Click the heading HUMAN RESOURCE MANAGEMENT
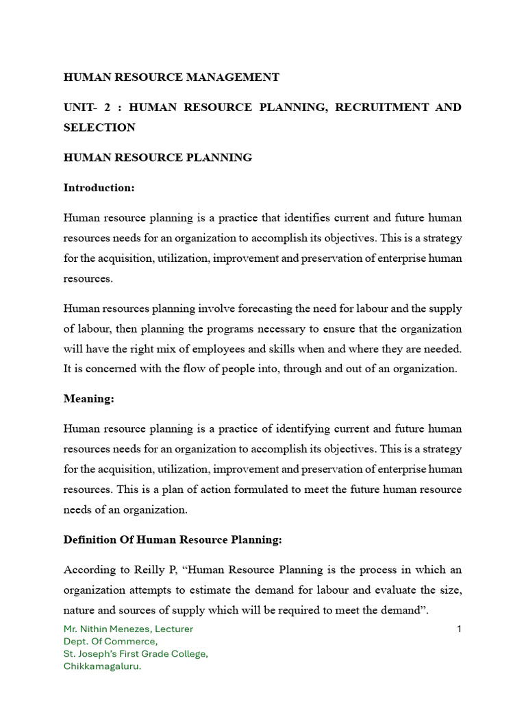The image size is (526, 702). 171,77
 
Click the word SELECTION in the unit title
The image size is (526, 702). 99,128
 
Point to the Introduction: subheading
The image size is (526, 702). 99,188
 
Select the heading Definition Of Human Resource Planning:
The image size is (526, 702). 173,540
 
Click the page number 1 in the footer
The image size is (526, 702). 460,629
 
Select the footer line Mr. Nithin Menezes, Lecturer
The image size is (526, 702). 128,629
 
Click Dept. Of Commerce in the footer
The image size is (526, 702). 110,642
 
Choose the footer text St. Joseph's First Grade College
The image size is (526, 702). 136,654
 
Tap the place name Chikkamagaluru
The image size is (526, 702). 102,666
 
